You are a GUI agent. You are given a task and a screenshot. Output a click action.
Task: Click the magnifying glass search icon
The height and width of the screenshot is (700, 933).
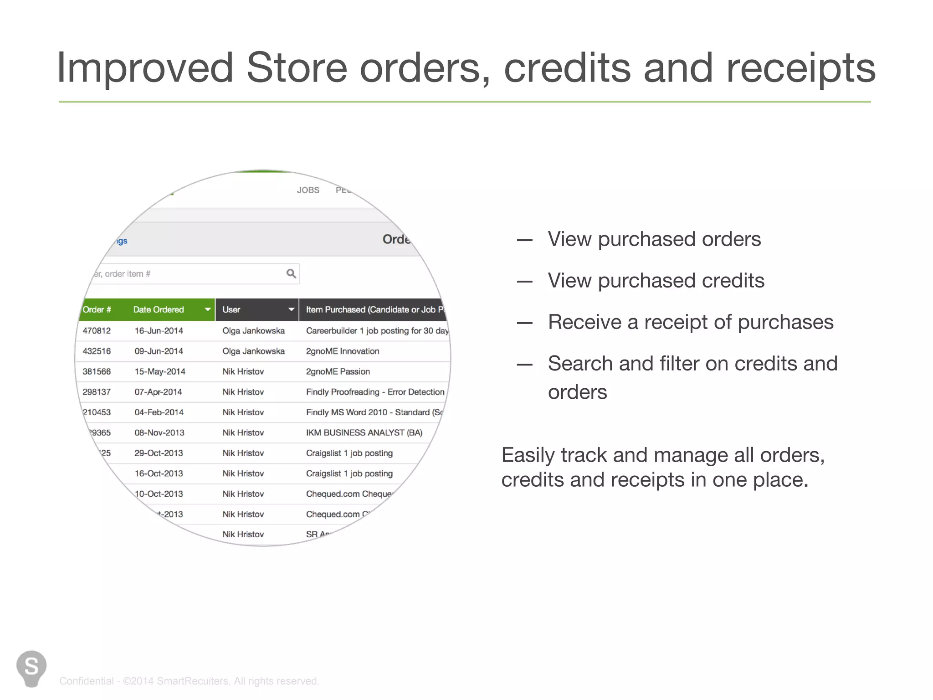[x=291, y=273]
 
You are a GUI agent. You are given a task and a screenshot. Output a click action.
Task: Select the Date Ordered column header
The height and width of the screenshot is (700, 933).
[x=159, y=310]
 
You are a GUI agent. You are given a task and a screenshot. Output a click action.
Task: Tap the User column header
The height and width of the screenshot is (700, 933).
[x=231, y=310]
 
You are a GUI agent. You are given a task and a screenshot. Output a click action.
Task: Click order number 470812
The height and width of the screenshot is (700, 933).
[x=97, y=331]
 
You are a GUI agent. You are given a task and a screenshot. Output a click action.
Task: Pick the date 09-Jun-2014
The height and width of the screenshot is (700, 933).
[x=159, y=351]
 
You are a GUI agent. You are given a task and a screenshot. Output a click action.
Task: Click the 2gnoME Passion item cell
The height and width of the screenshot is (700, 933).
[x=338, y=372]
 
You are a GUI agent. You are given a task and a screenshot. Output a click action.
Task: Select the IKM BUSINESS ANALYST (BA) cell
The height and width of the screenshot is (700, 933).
[x=364, y=433]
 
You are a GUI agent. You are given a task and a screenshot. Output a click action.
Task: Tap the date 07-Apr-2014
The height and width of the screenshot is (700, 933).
[x=158, y=392]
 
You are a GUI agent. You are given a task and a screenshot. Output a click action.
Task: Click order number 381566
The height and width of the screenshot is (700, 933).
[x=97, y=372]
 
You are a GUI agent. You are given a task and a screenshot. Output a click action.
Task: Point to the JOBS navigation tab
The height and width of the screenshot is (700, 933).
[x=308, y=190]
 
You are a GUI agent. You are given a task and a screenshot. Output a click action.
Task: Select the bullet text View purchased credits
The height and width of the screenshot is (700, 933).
[x=656, y=281]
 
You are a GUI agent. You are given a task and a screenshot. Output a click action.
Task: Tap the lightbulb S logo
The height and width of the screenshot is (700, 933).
[x=31, y=668]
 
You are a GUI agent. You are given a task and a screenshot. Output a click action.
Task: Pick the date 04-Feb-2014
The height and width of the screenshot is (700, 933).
[x=159, y=412]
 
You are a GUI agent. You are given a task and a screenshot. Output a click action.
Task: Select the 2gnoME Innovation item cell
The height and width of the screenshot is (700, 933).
[x=343, y=351]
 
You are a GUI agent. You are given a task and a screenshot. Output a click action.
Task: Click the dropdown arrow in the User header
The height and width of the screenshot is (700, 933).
[x=291, y=310]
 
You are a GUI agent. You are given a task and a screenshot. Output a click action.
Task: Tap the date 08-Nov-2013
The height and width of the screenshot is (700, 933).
[x=159, y=433]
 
